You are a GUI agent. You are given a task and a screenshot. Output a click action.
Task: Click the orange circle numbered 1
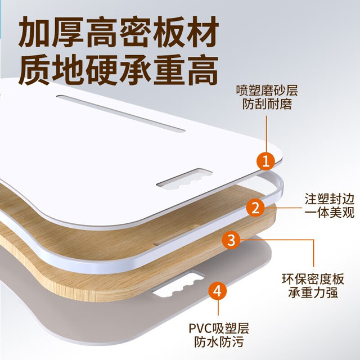[266, 161]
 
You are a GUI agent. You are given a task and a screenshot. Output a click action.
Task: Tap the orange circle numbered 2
[255, 208]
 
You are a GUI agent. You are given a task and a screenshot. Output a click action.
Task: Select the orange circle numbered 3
[231, 240]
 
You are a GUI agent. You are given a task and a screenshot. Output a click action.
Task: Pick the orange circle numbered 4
[218, 291]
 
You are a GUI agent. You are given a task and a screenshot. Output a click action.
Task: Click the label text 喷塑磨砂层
[267, 90]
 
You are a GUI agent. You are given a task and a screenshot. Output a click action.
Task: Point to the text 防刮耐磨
[267, 104]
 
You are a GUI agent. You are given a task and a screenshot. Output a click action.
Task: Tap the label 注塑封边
[330, 199]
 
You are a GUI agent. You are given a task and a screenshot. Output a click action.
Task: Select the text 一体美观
[330, 213]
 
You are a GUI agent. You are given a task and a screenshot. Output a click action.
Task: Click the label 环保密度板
[313, 279]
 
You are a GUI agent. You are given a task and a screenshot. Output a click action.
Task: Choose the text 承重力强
[313, 292]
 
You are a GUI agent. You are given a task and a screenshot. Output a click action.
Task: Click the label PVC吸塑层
[219, 328]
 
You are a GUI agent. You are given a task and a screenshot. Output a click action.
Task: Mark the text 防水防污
[219, 342]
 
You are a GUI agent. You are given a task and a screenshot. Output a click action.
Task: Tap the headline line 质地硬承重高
[118, 70]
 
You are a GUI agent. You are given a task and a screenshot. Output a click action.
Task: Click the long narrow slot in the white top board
[121, 114]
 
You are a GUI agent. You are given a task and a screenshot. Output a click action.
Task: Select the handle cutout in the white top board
[184, 179]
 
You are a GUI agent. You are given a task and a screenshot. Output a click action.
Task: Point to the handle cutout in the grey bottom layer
[178, 283]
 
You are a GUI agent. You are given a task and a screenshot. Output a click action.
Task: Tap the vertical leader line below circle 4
[218, 308]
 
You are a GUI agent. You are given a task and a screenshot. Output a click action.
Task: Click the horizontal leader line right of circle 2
[283, 208]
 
